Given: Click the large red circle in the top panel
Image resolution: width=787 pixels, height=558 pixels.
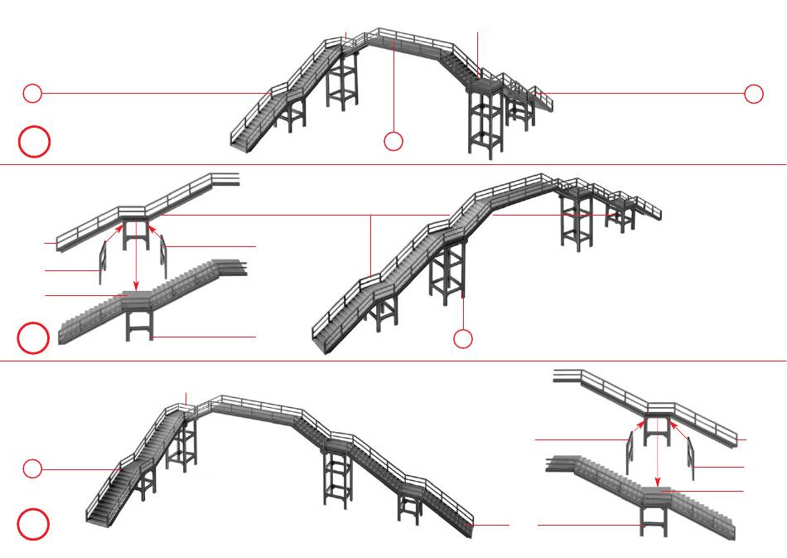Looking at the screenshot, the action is coord(35,142).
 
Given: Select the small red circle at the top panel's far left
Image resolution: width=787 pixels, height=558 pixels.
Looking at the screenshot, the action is coord(32,94).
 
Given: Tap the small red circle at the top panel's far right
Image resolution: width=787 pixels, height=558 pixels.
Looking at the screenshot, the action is coord(753,94).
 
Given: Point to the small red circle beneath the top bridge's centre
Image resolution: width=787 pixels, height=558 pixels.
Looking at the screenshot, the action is coord(393,142).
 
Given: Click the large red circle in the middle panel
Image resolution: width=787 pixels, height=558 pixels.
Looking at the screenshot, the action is coord(34,338).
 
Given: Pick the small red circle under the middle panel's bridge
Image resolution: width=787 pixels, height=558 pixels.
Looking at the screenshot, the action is coord(463,338).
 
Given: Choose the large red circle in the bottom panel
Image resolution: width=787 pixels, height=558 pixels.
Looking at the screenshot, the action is coord(34,524).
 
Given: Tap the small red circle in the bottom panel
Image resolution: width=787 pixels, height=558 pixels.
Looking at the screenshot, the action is coord(32,469).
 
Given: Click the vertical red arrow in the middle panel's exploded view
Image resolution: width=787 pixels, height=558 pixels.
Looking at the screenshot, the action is coord(136,257).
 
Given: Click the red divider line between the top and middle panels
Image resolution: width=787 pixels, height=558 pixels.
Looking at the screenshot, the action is coord(393,165).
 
